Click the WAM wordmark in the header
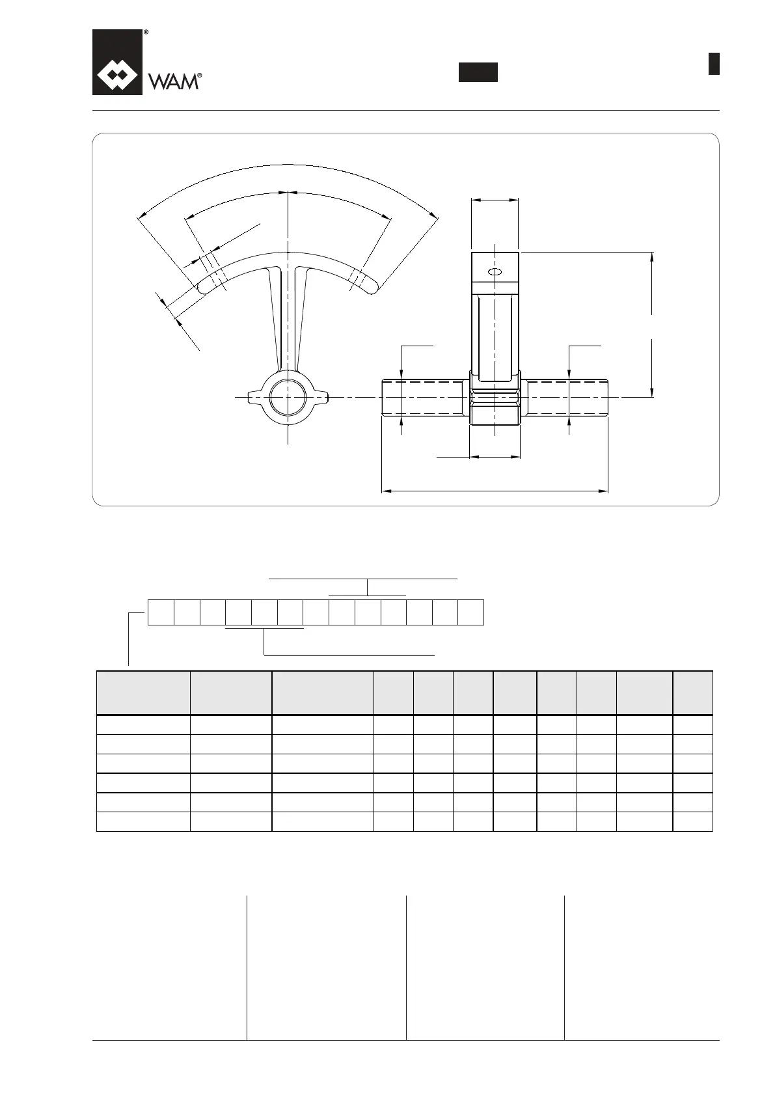174,81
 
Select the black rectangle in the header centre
478,72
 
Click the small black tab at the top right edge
714,64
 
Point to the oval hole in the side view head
495,271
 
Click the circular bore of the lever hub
288,396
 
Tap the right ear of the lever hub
321,396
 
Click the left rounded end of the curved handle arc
204,285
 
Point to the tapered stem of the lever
288,319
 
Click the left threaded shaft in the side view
422,396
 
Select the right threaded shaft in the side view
567,396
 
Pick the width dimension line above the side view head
495,200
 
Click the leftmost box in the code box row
161,612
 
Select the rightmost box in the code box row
470,612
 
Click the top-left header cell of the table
143,692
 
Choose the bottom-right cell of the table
692,821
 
